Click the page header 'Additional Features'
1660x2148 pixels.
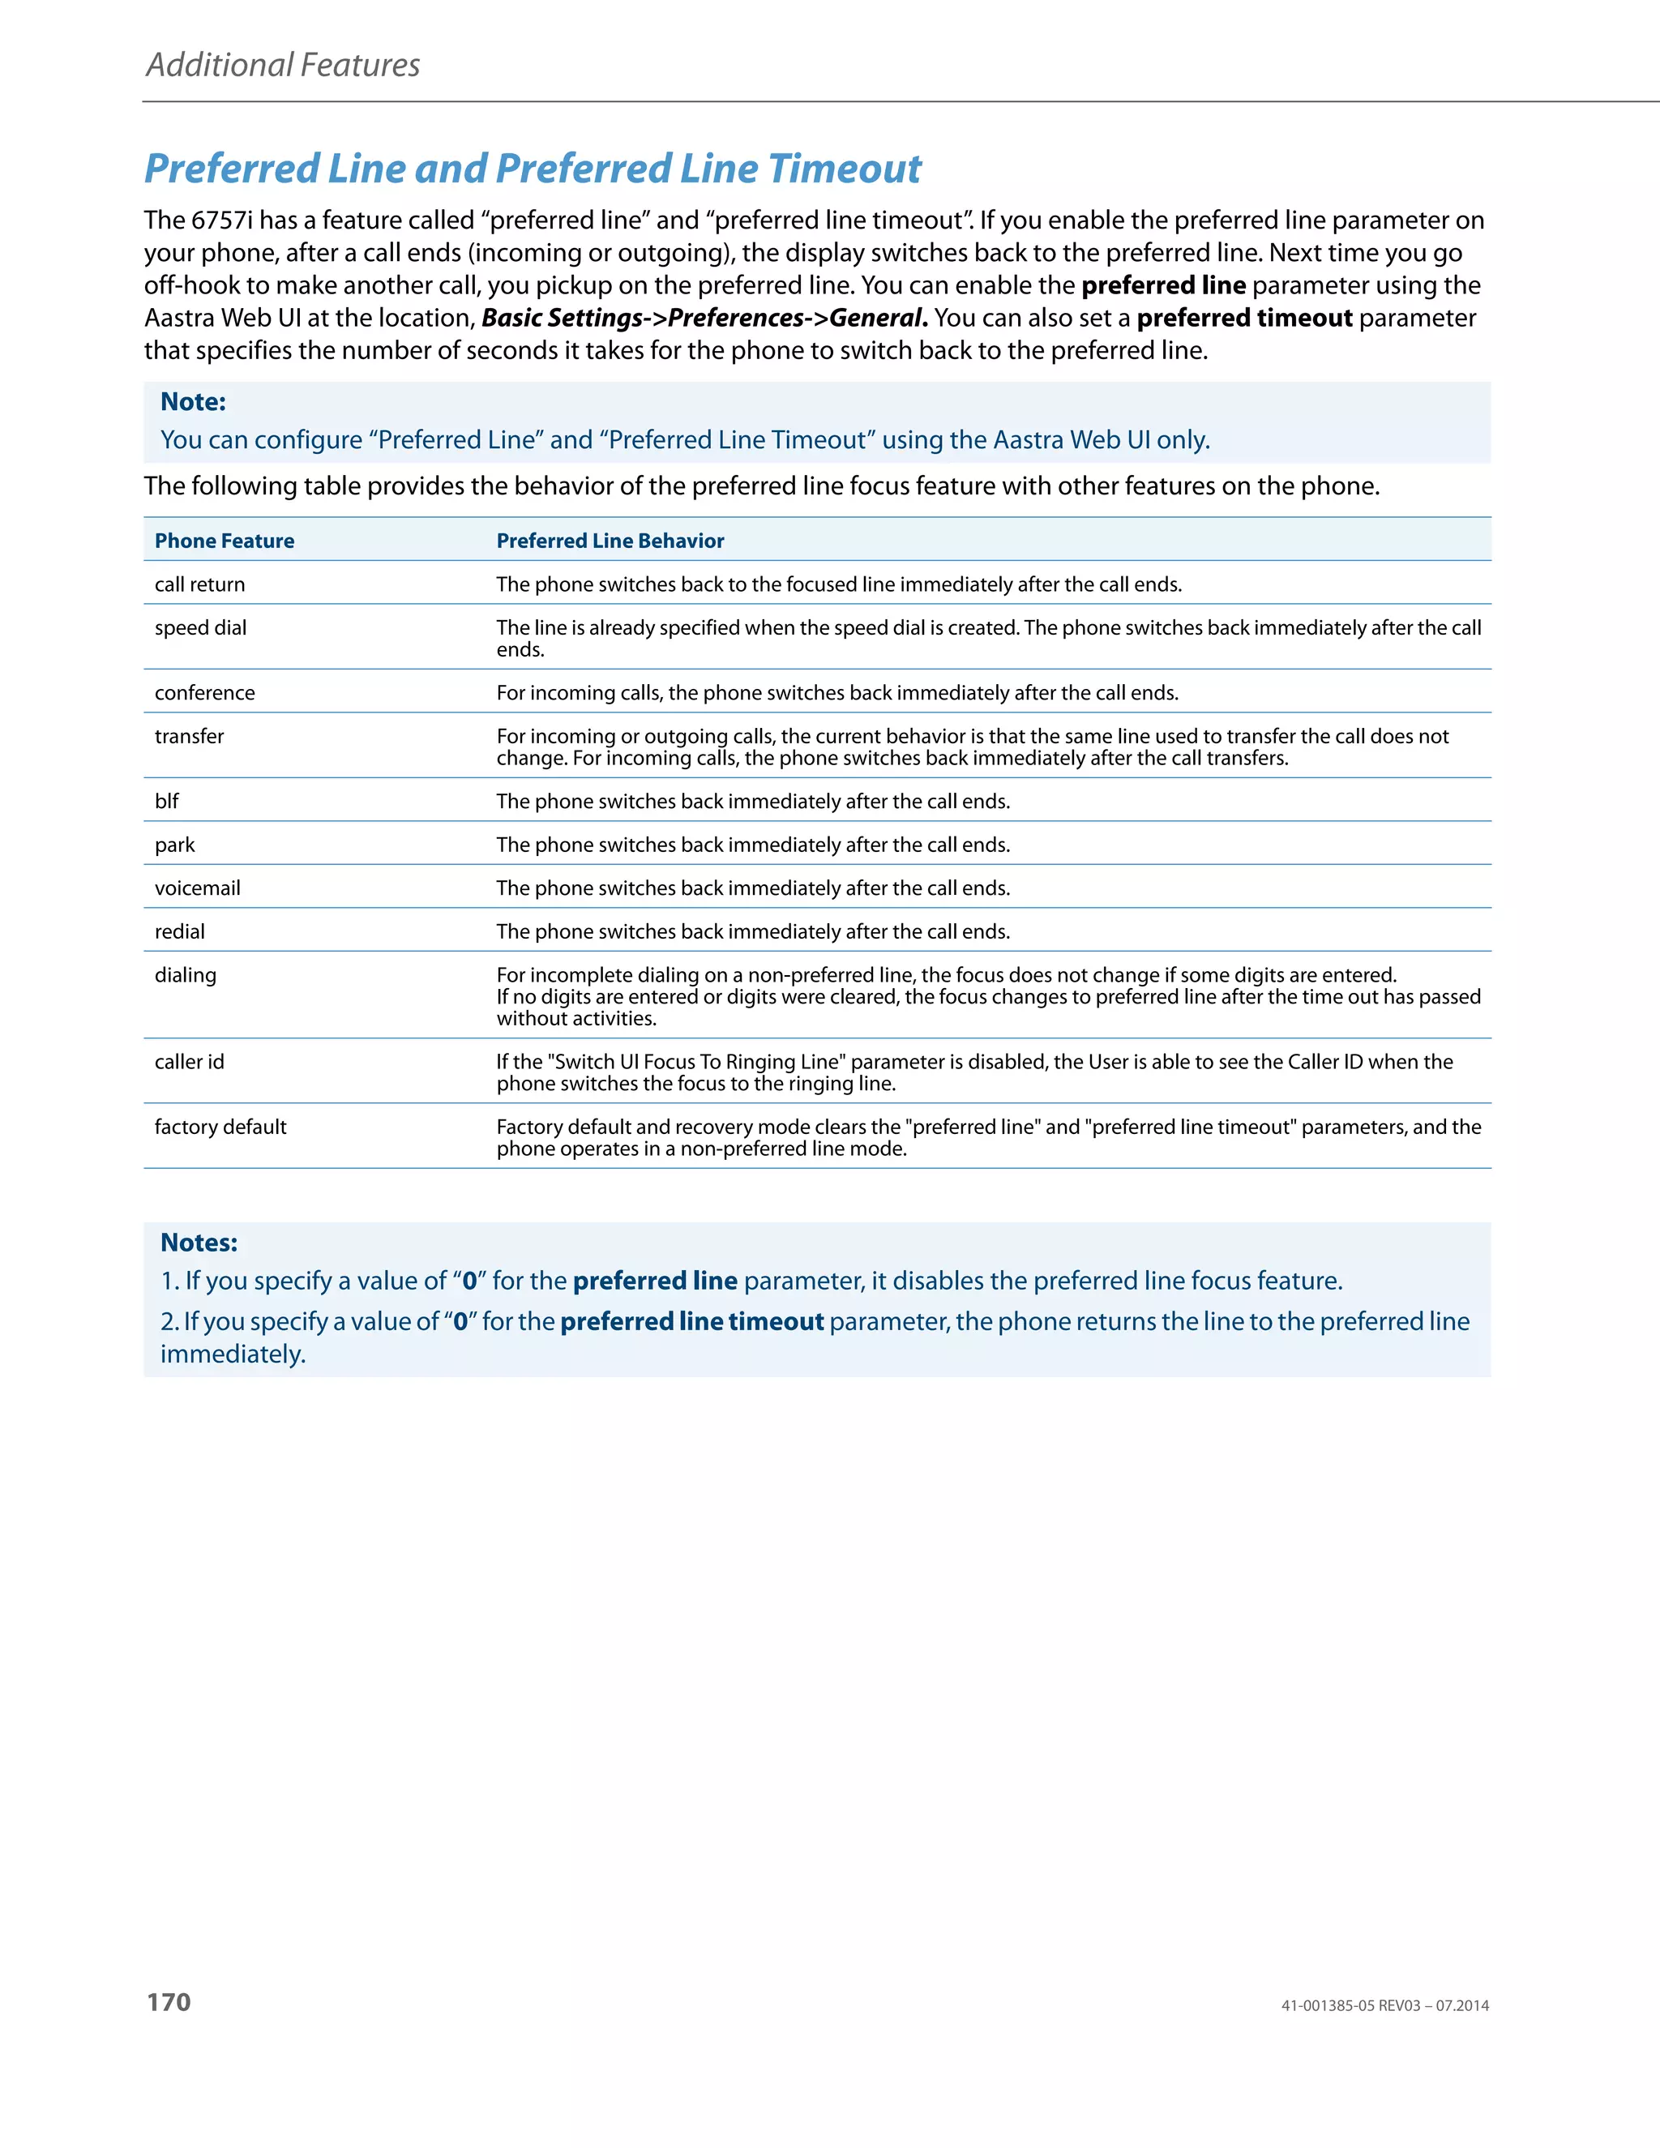(283, 65)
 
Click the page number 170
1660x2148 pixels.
(169, 2001)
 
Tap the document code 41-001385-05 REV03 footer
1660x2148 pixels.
(1384, 2005)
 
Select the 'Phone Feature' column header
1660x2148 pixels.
(225, 541)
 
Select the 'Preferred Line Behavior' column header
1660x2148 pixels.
(610, 541)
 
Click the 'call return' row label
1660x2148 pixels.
(199, 584)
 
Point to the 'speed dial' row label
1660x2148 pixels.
(201, 627)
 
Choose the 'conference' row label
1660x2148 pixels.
(204, 692)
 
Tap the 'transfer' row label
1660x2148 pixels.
(189, 736)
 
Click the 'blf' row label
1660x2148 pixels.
(166, 802)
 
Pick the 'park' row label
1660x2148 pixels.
(175, 845)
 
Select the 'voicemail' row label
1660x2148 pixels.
(198, 888)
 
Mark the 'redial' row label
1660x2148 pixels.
(180, 931)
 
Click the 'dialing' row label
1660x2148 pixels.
(185, 974)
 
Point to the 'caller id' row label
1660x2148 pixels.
(189, 1061)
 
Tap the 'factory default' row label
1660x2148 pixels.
(220, 1127)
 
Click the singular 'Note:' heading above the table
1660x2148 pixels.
(193, 401)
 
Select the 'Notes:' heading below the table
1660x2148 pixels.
(199, 1242)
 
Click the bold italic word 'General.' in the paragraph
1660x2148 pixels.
(878, 318)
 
